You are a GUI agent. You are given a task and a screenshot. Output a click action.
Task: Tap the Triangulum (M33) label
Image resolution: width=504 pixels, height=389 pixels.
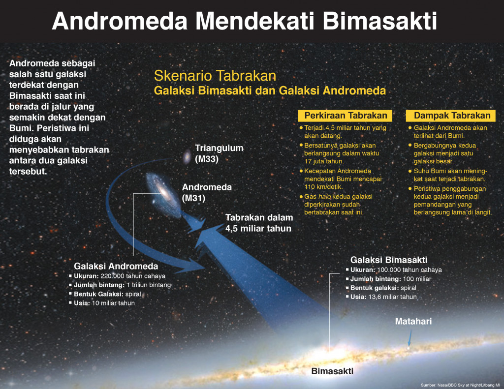(x=219, y=153)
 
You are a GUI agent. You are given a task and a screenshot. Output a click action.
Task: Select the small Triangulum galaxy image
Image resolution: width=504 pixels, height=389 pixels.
(x=188, y=157)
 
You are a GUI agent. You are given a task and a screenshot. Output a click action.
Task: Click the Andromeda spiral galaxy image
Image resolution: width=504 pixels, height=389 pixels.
(x=160, y=189)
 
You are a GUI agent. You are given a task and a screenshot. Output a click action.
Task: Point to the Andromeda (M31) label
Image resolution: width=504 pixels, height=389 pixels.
(x=207, y=192)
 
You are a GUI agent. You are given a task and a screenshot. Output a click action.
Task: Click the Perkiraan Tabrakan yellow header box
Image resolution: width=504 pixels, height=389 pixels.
(x=346, y=116)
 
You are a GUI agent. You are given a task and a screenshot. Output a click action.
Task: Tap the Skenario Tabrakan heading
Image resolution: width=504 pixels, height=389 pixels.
(x=215, y=76)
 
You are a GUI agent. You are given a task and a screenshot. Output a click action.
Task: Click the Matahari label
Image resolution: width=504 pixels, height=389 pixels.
(x=413, y=322)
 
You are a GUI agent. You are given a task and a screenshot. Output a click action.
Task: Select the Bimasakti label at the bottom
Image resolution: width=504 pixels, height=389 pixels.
(x=333, y=371)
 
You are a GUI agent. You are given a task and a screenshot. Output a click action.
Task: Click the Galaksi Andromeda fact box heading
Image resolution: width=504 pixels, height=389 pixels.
(x=116, y=266)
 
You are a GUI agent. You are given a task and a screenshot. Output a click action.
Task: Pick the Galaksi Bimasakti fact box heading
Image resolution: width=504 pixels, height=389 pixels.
(x=388, y=260)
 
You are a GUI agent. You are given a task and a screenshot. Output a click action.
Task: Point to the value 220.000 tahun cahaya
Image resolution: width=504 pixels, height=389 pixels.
(x=136, y=276)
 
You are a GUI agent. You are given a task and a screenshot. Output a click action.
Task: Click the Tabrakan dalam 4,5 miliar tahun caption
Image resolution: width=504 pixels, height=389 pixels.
(x=259, y=223)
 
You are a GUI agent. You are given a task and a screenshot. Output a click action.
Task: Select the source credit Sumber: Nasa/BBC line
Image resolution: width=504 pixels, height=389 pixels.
(x=460, y=385)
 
